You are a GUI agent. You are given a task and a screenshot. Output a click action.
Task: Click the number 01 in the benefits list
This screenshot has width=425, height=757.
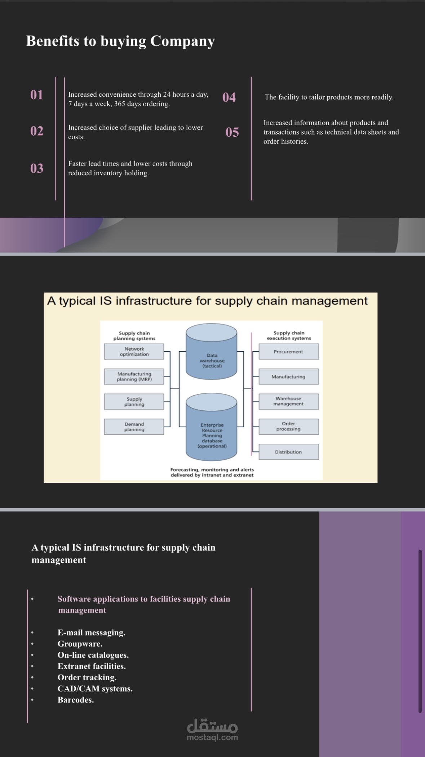point(37,95)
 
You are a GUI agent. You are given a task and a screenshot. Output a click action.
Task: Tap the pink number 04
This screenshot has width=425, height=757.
point(229,97)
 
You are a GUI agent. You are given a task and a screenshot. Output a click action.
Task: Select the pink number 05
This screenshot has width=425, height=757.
point(232,132)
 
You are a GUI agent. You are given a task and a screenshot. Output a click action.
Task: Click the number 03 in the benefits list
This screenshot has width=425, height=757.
point(37,168)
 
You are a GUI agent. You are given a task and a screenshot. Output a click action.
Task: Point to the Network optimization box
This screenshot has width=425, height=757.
point(134,352)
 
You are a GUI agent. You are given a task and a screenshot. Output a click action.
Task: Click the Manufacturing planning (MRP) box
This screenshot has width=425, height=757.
point(134,377)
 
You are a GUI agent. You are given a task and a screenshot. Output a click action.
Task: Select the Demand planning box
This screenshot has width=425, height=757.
point(134,427)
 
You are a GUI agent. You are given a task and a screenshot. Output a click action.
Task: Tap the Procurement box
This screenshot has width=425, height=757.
point(289,352)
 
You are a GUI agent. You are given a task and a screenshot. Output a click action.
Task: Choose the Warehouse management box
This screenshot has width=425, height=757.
point(289,401)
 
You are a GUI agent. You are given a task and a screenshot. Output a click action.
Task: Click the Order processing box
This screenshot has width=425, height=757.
point(289,427)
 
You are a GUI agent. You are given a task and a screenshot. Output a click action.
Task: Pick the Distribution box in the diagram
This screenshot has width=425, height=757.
point(289,452)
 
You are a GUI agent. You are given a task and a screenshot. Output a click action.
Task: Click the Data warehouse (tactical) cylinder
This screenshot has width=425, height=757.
point(212,352)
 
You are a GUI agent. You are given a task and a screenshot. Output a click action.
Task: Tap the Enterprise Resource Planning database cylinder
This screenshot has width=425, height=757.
point(212,427)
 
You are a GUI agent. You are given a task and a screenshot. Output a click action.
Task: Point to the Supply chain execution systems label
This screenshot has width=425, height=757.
point(289,335)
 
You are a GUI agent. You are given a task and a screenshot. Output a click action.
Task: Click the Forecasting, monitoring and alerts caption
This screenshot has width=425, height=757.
point(212,472)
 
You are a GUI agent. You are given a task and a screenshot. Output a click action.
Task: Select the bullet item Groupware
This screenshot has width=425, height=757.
point(80,644)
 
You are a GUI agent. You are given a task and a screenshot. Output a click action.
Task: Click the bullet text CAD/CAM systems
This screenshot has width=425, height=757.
point(95,689)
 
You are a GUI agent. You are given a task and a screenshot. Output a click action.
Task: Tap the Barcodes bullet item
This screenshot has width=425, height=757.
point(76,700)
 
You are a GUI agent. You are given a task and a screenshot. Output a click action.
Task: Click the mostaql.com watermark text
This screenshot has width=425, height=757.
point(212,738)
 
